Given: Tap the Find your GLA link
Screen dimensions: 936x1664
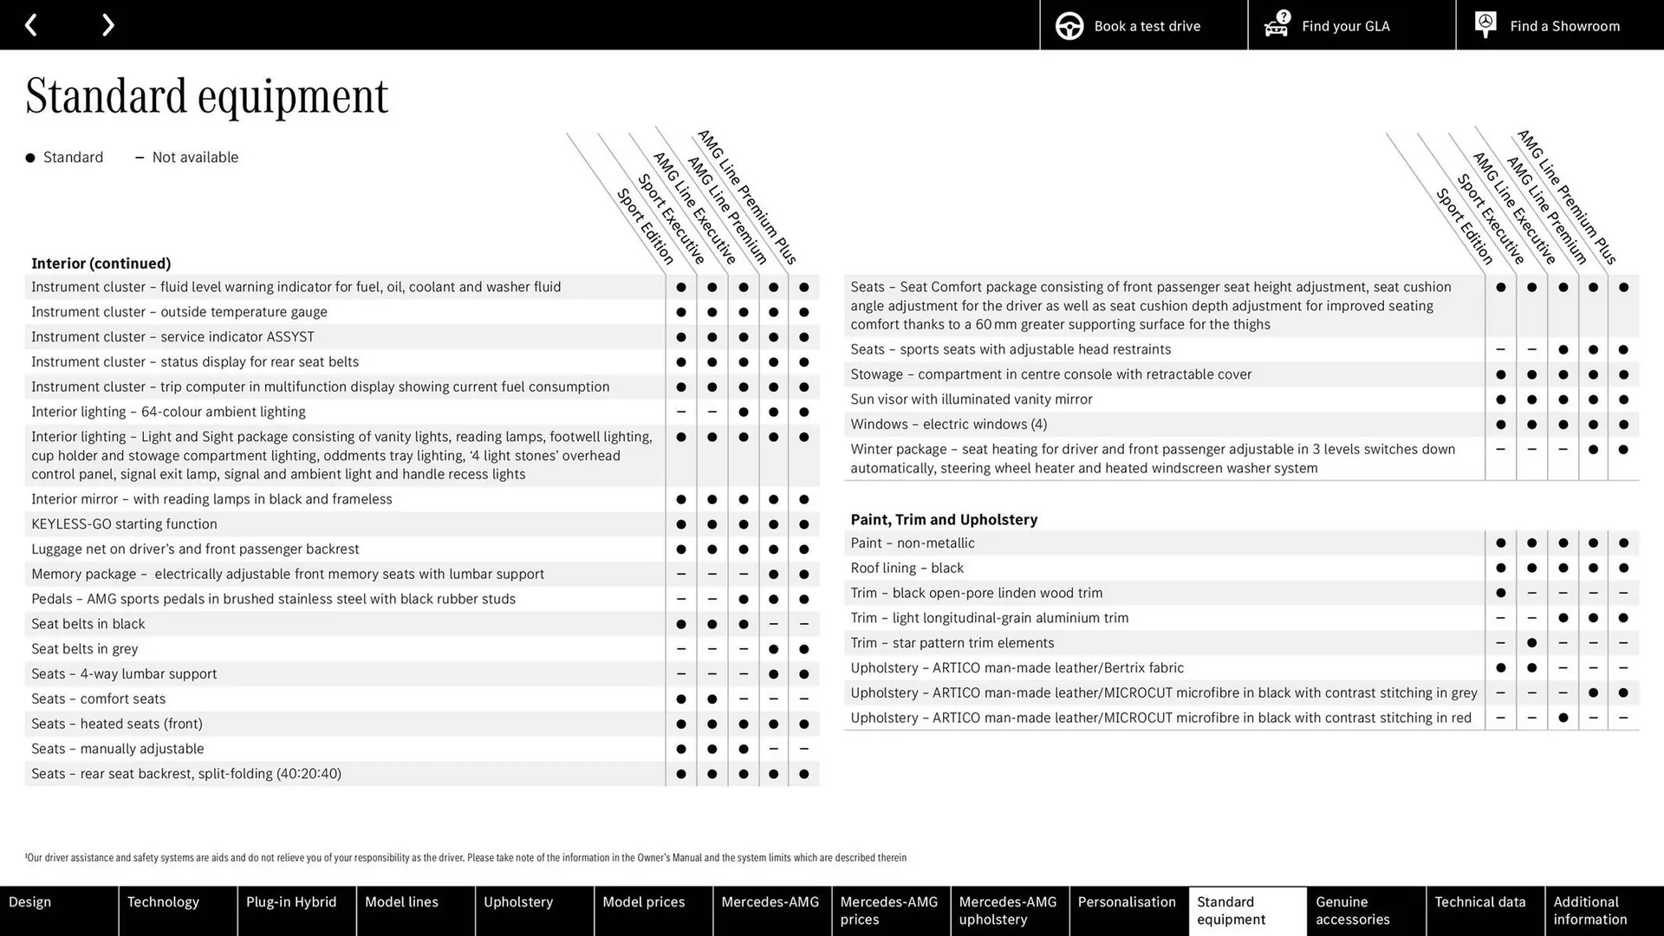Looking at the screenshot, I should click(1351, 26).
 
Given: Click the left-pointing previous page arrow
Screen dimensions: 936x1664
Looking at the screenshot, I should click(31, 25).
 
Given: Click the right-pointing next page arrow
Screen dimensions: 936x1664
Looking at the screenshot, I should click(107, 25).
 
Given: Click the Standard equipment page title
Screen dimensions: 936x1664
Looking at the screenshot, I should click(207, 96).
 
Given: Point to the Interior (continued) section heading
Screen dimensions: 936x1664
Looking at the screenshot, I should click(101, 263).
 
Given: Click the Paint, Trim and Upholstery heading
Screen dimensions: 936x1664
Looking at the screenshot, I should click(944, 520).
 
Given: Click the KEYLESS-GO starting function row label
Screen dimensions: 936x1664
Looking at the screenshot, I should click(125, 524).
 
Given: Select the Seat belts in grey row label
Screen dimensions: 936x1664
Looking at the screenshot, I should click(85, 649).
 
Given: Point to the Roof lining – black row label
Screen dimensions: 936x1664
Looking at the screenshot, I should click(907, 569).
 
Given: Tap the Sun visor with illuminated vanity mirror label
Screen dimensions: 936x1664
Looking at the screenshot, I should click(972, 400).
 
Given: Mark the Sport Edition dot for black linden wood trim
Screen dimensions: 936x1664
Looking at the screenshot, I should click(1500, 594).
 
